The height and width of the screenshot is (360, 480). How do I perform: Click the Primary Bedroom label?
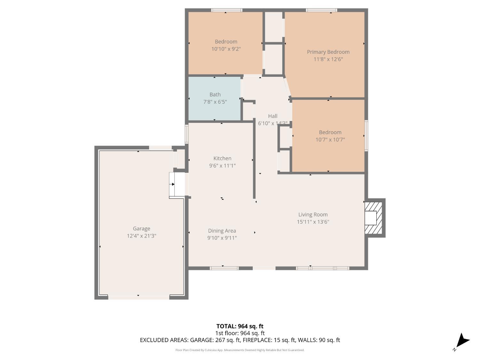click(328, 52)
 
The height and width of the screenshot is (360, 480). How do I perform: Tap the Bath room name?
click(215, 94)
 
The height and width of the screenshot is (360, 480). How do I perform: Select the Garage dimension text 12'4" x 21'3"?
click(141, 236)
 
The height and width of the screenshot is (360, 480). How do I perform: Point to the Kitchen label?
click(222, 158)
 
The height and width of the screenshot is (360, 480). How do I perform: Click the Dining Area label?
click(222, 230)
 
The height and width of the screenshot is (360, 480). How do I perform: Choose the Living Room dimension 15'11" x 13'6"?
click(313, 222)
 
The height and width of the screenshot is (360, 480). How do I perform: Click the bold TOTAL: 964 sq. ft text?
click(240, 326)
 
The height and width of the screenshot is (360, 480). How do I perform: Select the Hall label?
click(273, 116)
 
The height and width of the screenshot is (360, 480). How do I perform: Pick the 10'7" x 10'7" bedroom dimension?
click(330, 140)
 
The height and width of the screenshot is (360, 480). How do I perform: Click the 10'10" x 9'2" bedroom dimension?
click(226, 49)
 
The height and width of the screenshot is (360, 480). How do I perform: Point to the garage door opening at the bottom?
click(138, 298)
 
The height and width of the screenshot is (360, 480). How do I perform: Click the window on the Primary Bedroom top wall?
click(321, 10)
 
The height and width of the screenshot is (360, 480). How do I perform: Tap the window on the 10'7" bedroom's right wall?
click(366, 135)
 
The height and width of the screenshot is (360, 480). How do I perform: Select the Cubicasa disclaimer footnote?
click(240, 350)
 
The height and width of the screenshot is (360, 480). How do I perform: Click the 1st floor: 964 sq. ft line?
click(240, 333)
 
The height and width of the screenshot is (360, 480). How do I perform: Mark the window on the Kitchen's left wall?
click(187, 134)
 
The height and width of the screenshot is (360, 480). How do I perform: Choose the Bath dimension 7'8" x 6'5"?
click(215, 102)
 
